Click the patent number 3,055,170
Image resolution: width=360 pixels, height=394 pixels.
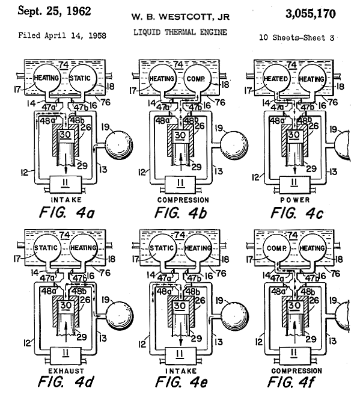pyautogui.click(x=311, y=14)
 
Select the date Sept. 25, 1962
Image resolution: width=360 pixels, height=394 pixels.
pyautogui.click(x=54, y=11)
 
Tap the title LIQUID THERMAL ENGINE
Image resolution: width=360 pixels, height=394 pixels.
pyautogui.click(x=180, y=32)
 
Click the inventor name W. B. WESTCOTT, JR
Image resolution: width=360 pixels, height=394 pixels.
pyautogui.click(x=180, y=17)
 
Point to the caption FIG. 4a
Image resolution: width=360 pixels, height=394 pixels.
pyautogui.click(x=67, y=212)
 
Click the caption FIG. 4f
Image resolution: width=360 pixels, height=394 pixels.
pyautogui.click(x=290, y=382)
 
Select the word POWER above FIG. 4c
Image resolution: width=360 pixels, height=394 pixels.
pyautogui.click(x=295, y=200)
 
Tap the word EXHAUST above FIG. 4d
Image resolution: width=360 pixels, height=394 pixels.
pyautogui.click(x=66, y=371)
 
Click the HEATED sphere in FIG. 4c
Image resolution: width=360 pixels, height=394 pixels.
pyautogui.click(x=276, y=79)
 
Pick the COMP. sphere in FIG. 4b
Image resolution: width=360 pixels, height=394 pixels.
pyautogui.click(x=197, y=79)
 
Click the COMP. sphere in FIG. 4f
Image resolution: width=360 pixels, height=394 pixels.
pyautogui.click(x=276, y=248)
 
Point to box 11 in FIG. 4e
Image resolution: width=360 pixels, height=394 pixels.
pyautogui.click(x=180, y=355)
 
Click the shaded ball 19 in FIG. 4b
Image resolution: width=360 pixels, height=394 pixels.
pyautogui.click(x=234, y=146)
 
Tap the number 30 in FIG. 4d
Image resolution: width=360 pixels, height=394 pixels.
pyautogui.click(x=66, y=305)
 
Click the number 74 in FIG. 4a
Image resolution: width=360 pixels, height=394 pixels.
pyautogui.click(x=64, y=65)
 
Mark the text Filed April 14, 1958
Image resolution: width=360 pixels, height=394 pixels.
pyautogui.click(x=62, y=35)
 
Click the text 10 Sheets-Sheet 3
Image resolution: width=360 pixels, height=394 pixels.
pyautogui.click(x=296, y=38)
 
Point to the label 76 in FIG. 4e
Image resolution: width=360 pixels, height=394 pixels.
pyautogui.click(x=221, y=273)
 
